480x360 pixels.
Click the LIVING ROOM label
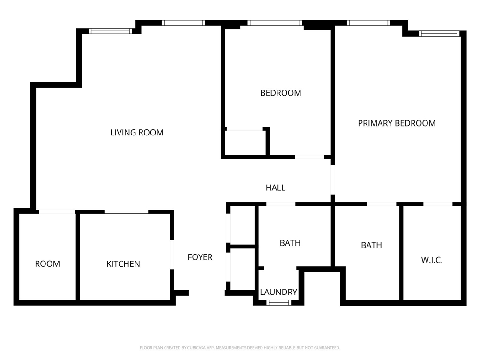[137, 133]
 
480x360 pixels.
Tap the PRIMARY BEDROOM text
[397, 123]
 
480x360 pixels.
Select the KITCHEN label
[123, 264]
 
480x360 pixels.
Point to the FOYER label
[200, 257]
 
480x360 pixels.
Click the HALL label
[276, 187]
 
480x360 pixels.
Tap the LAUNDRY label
[278, 292]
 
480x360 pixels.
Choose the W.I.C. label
[432, 260]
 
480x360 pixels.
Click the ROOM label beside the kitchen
[47, 264]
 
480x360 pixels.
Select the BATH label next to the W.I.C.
[371, 245]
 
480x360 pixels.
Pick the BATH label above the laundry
[290, 243]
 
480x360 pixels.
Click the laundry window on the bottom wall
[278, 303]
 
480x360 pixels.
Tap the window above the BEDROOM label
[275, 22]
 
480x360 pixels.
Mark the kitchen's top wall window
[126, 212]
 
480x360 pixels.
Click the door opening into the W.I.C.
[438, 204]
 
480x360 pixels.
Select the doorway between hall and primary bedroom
[333, 180]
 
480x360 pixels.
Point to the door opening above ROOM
[57, 212]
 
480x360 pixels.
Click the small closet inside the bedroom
[245, 143]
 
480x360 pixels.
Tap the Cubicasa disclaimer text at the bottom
[240, 348]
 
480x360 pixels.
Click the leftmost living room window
[111, 31]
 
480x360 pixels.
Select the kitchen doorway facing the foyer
[172, 255]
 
